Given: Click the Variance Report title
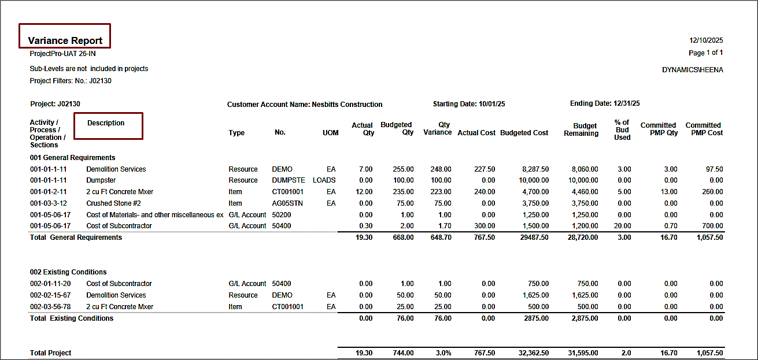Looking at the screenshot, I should click(65, 40).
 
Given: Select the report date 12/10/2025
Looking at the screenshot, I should click(706, 40).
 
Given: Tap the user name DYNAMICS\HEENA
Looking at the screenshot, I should click(693, 70).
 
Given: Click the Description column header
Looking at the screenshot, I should click(106, 123).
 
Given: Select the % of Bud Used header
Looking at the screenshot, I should click(622, 130).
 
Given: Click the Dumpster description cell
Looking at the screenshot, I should click(101, 180).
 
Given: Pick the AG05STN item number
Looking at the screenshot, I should click(288, 203).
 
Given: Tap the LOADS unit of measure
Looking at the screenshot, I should click(324, 180).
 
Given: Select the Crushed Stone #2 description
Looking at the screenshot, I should click(113, 203).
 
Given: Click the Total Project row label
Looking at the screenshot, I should click(51, 353).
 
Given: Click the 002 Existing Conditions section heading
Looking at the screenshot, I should click(68, 272).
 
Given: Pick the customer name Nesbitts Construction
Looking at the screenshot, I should click(347, 105).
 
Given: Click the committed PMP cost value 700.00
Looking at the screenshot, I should click(712, 226).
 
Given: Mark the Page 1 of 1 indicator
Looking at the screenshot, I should click(706, 53).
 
